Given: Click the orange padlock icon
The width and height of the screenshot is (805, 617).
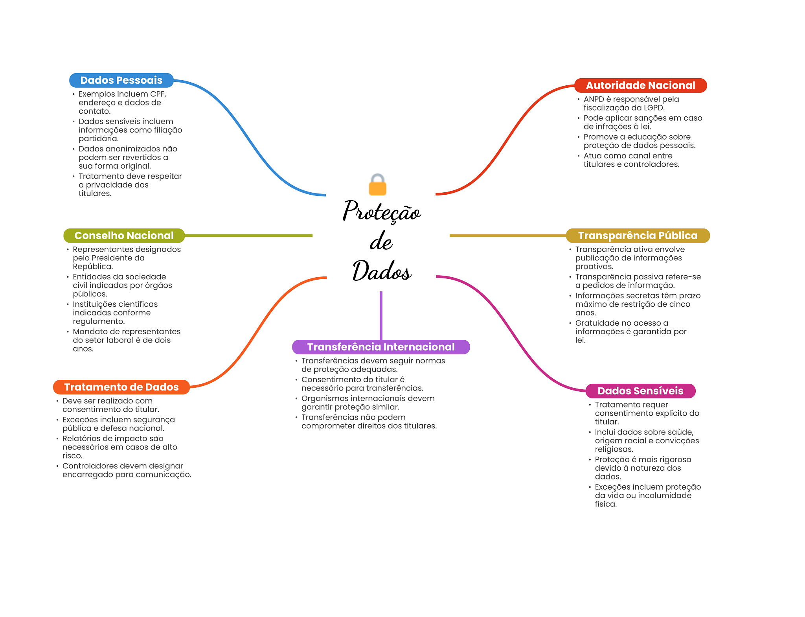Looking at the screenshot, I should (x=378, y=185).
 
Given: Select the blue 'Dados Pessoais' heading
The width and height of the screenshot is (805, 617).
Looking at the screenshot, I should (x=121, y=80).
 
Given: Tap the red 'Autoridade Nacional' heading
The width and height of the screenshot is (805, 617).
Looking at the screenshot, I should (x=640, y=85).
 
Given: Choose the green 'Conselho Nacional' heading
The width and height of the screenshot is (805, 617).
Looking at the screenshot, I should (x=124, y=236).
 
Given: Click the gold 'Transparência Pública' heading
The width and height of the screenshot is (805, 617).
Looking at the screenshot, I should (x=638, y=236).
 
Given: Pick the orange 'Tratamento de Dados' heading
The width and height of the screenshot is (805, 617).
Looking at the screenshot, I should (x=121, y=387).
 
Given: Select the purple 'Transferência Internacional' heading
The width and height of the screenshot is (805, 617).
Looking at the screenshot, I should (x=381, y=347).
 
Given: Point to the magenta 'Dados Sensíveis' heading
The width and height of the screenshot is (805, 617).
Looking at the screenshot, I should (x=640, y=391).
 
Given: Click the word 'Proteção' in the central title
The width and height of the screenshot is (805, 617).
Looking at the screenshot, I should (x=382, y=211).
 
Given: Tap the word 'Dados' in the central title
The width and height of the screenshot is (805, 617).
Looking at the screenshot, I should (x=382, y=271).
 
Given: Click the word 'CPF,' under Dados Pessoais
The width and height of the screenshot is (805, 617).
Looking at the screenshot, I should (x=158, y=94).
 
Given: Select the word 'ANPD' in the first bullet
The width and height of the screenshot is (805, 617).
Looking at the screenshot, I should (x=594, y=99).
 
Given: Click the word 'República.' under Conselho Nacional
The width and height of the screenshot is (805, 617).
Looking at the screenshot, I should (x=93, y=267).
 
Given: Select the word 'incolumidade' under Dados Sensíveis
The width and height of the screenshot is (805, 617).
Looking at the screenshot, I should (x=665, y=495).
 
